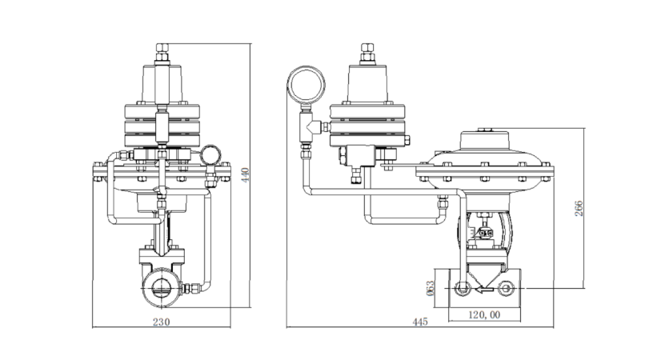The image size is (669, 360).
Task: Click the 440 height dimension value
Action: [246, 175]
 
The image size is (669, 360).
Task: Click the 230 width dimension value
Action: [162, 322]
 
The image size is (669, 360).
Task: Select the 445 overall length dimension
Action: [420, 322]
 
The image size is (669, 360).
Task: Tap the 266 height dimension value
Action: [579, 209]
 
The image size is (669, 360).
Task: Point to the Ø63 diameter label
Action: [430, 287]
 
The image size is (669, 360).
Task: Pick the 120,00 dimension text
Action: [484, 314]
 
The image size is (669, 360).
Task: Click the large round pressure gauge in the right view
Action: [306, 84]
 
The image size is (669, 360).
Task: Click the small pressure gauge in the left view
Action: [210, 155]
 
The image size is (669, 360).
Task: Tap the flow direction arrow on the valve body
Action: [484, 290]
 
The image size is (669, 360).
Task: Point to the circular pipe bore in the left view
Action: [162, 287]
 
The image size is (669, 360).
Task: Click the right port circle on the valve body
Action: [506, 289]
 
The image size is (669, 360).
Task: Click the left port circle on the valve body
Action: [462, 289]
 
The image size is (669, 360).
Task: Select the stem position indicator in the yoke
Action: [485, 233]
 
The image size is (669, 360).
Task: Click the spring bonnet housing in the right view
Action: [367, 84]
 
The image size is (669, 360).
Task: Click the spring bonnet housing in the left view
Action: [162, 84]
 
